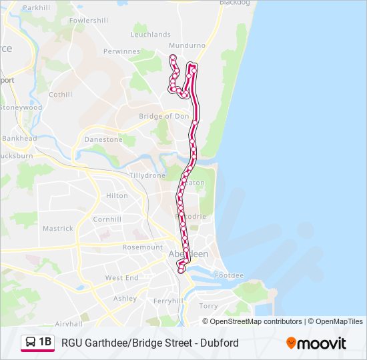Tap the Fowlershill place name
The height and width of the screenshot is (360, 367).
click(88, 21)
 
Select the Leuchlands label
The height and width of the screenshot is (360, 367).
click(151, 35)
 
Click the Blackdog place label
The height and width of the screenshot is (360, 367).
click(235, 3)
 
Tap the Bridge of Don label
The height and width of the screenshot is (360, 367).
click(163, 116)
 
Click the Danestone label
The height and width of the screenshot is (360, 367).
click(103, 140)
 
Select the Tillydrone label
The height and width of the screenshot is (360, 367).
click(147, 175)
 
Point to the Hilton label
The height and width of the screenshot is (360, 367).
click(117, 196)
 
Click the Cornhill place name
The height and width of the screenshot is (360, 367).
click(107, 219)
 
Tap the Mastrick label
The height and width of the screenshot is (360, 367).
click(58, 229)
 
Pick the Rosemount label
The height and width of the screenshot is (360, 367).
click(142, 247)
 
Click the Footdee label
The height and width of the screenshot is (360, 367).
click(230, 275)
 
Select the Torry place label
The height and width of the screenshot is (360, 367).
click(208, 307)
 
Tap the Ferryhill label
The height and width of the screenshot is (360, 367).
click(167, 301)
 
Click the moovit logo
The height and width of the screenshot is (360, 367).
click(316, 343)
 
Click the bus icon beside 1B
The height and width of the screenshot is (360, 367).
click(31, 343)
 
